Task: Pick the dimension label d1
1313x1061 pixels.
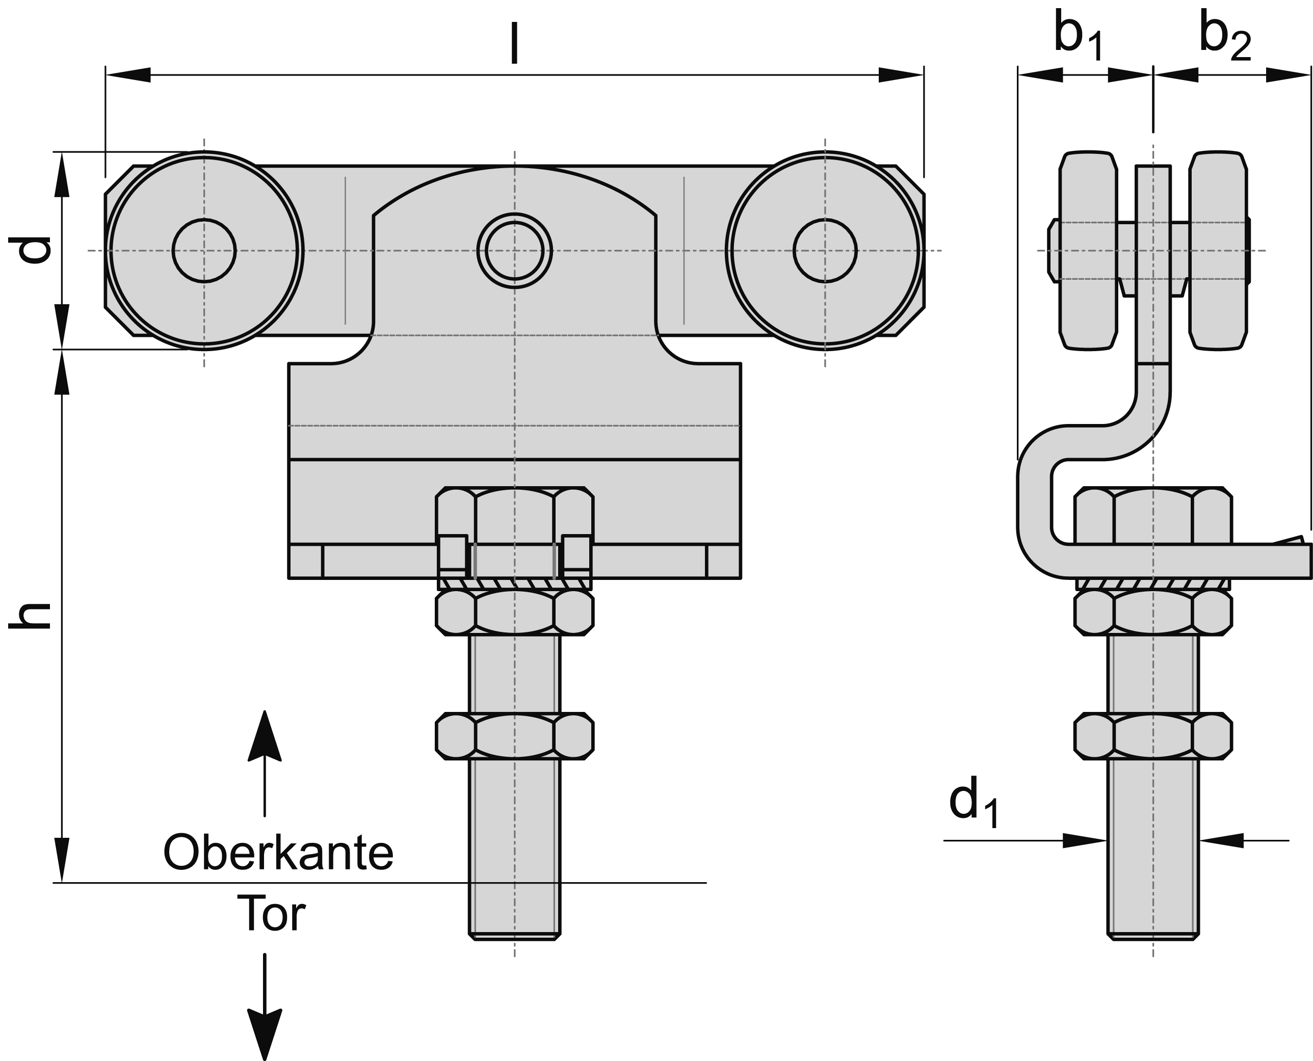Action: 973,804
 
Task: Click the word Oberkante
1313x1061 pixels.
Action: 278,853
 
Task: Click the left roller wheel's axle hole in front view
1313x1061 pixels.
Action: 204,251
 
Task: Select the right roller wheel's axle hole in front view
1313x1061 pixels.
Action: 825,251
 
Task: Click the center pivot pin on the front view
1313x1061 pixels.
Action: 514,251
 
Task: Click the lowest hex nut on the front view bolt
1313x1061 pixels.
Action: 514,736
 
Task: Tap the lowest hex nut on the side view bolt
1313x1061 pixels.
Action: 1153,736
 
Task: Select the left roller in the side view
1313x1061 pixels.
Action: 1088,251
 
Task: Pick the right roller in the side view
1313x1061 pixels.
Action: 1218,251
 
